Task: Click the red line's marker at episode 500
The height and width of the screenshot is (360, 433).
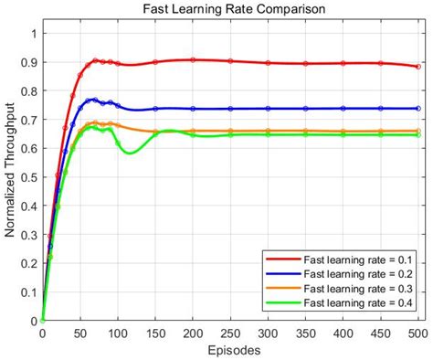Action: pos(417,67)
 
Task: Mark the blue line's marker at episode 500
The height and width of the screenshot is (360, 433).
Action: pos(417,108)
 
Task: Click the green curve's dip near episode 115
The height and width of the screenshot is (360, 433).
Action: pos(129,153)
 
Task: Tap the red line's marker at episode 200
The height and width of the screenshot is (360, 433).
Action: pos(193,60)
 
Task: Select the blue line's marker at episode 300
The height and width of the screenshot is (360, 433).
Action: pos(268,109)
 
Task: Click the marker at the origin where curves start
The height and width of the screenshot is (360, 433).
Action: pos(42,321)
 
